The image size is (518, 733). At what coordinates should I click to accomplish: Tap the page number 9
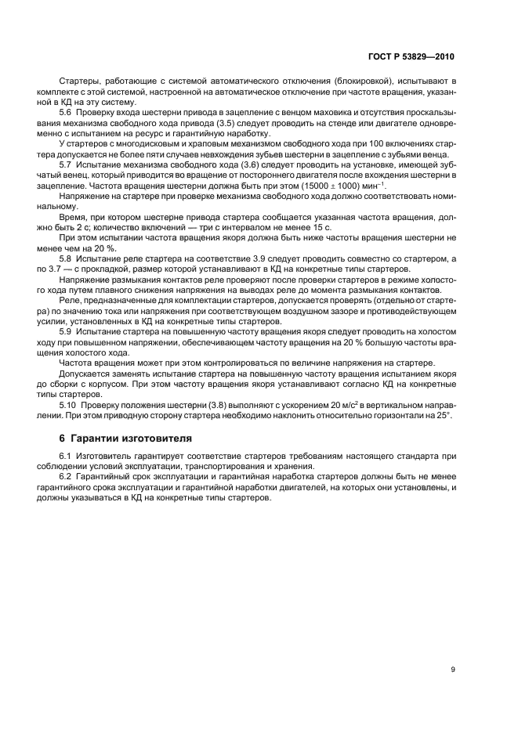453,669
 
